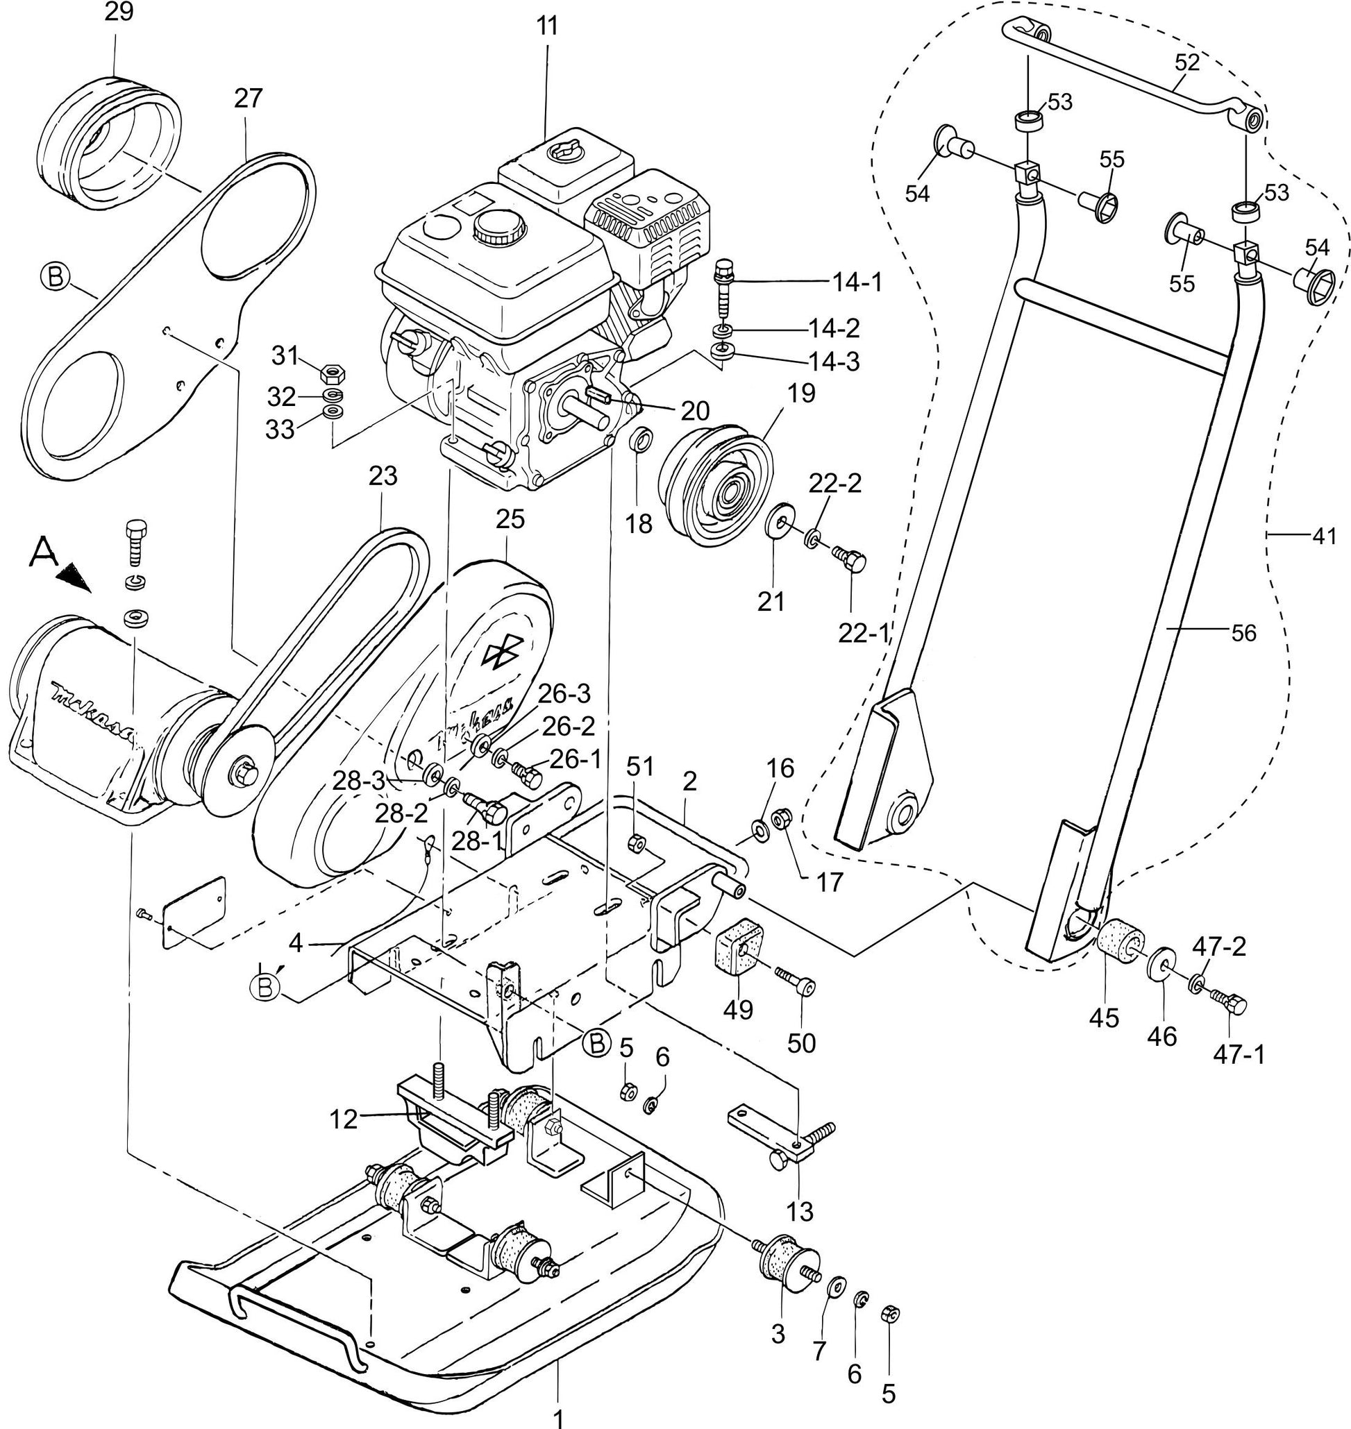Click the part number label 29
click(x=119, y=13)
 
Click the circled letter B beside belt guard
click(x=56, y=277)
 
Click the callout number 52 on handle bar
click(x=1186, y=62)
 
